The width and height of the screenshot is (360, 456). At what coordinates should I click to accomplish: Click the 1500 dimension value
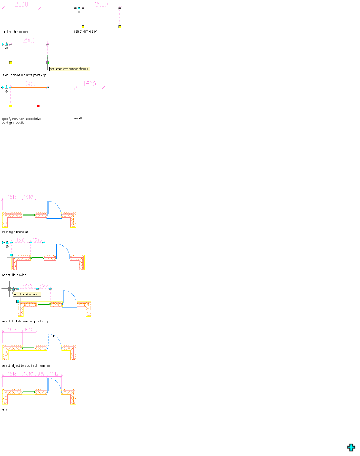pyautogui.click(x=89, y=84)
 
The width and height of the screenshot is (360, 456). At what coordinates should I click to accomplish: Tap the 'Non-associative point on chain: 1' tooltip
pyautogui.click(x=69, y=69)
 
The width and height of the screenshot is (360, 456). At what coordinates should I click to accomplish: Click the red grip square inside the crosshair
pyautogui.click(x=38, y=106)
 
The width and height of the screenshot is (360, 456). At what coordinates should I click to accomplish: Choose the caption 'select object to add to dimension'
pyautogui.click(x=26, y=365)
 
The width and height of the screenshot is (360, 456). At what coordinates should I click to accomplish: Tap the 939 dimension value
pyautogui.click(x=41, y=374)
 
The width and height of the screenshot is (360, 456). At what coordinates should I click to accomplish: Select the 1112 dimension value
pyautogui.click(x=54, y=374)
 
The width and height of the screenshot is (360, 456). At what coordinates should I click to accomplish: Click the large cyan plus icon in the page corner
pyautogui.click(x=351, y=448)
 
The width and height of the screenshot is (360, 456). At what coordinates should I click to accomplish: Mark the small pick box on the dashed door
pyautogui.click(x=54, y=336)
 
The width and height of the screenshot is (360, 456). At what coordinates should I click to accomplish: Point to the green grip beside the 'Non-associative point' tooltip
pyautogui.click(x=47, y=63)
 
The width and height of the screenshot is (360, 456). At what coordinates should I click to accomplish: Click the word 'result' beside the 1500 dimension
pyautogui.click(x=78, y=118)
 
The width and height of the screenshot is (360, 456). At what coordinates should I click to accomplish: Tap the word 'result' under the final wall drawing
pyautogui.click(x=5, y=409)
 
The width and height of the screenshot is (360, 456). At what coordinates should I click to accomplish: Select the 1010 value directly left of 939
pyautogui.click(x=28, y=374)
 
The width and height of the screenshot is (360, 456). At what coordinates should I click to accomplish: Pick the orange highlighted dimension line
pyautogui.click(x=29, y=87)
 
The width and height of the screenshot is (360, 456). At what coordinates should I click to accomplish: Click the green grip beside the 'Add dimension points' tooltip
pyautogui.click(x=9, y=289)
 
